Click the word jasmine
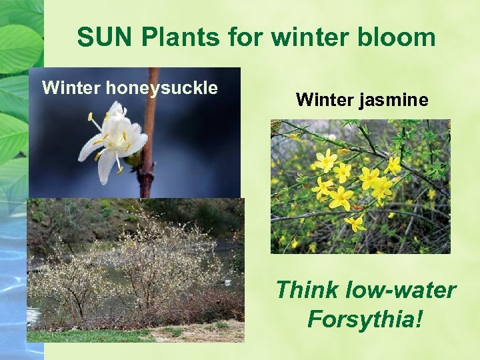click(398, 100)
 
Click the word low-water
click(402, 290)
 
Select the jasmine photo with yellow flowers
click(360, 187)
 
